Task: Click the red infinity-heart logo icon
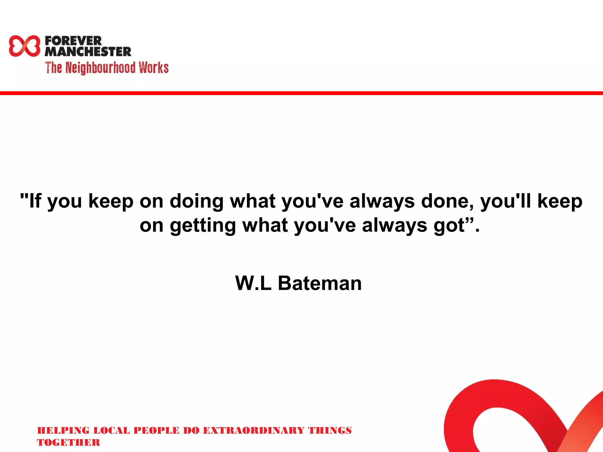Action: [x=24, y=46]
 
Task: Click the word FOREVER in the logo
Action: [x=73, y=41]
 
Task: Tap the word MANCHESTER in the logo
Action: [x=88, y=52]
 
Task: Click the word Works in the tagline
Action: [x=154, y=68]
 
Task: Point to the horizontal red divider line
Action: [x=301, y=93]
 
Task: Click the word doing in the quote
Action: [x=196, y=202]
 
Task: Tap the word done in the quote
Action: [x=447, y=202]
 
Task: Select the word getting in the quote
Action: [x=203, y=226]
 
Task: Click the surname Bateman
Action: [x=319, y=283]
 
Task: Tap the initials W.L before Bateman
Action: [x=253, y=283]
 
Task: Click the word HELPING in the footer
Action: [x=63, y=431]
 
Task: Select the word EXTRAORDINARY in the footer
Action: [x=254, y=431]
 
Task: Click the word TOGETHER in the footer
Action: [x=68, y=443]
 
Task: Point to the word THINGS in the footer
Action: [x=330, y=431]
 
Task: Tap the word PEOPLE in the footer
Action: [x=156, y=431]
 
